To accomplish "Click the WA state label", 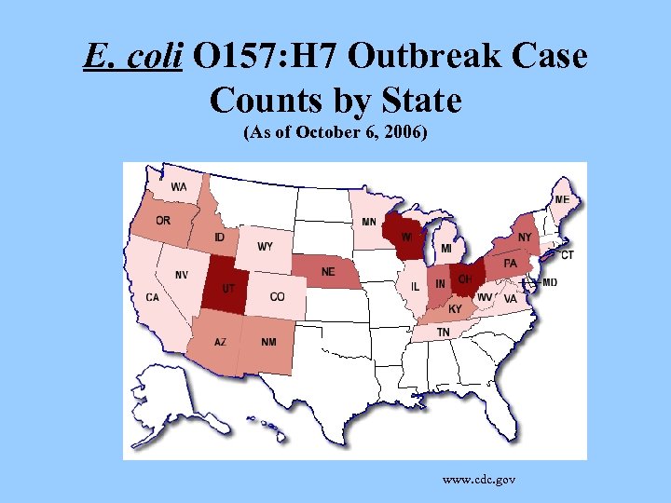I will pos(178,187).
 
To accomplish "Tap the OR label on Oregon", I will pos(162,221).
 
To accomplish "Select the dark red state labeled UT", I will pos(226,288).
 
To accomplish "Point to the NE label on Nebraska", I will pos(328,272).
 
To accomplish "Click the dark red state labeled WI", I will pos(408,238).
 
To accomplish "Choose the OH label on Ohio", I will pos(464,279).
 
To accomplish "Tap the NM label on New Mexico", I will pos(268,342).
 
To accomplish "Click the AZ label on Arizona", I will pos(220,342).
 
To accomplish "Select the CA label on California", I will pos(152,297).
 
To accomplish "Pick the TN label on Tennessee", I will pos(444,332).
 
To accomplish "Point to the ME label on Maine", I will pos(562,199).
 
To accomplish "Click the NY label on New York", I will pos(525,238).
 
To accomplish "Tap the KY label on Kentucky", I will pos(455,309).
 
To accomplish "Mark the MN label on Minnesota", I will pos(369,222).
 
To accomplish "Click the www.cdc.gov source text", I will pos(479,479).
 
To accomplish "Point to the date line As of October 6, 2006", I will pos(335,132).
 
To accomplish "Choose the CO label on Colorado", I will pos(277,297).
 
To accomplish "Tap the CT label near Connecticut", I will pos(567,254).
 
